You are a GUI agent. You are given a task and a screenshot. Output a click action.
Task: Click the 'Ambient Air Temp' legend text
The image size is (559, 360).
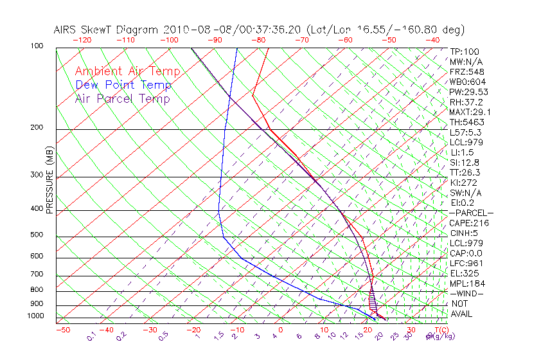127,71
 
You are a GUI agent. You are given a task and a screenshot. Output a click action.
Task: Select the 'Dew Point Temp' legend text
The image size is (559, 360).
123,85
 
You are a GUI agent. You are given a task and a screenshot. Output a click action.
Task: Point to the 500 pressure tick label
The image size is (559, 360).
37,235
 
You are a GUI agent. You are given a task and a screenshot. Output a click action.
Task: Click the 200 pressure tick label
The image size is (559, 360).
37,127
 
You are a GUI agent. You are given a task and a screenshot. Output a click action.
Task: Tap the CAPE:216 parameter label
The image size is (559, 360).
468,223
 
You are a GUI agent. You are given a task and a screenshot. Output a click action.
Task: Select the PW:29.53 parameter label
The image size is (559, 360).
468,92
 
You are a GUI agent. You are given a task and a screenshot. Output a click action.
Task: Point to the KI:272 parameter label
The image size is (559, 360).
464,183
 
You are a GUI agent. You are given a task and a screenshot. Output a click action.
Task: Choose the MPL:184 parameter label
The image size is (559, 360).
467,283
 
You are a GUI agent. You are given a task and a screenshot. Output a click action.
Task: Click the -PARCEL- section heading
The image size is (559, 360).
471,213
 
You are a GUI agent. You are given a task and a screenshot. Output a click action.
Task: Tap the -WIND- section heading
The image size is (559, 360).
466,294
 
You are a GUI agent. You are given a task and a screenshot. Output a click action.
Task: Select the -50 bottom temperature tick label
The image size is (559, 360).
62,330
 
